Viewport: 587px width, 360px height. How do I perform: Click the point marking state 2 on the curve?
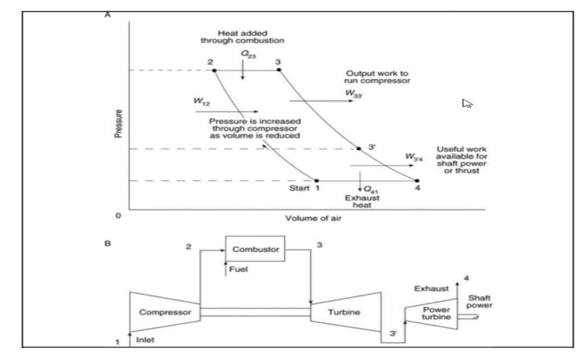214,70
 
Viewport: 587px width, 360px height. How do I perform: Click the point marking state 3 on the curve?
279,70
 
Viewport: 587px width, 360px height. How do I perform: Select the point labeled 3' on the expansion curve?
359,149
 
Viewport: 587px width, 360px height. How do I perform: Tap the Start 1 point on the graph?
317,181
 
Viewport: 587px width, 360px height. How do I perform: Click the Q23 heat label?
247,54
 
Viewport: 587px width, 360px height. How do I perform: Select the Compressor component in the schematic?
162,312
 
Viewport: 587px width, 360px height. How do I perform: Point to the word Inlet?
145,340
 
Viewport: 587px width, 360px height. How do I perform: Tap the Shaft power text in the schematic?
480,302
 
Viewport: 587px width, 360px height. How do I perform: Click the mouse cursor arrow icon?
466,103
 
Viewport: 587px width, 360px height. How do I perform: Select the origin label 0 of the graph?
118,215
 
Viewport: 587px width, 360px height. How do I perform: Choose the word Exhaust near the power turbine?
431,289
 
